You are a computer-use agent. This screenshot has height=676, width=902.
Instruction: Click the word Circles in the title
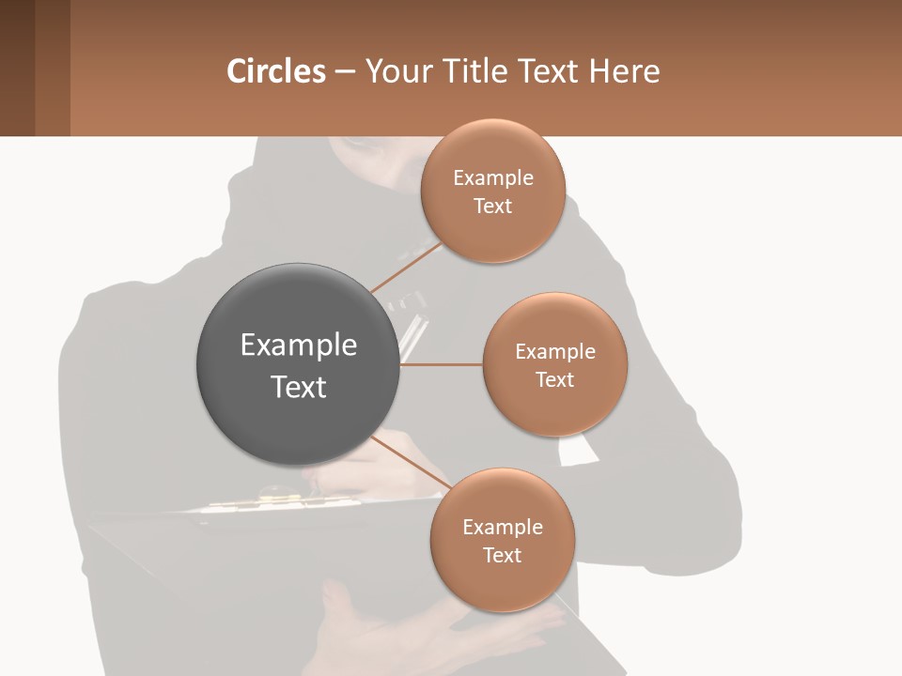(x=276, y=71)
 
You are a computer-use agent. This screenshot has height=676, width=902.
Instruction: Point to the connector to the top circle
(x=406, y=269)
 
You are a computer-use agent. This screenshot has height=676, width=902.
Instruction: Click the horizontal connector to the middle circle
(x=442, y=364)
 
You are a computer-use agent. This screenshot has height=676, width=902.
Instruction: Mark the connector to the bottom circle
(x=412, y=462)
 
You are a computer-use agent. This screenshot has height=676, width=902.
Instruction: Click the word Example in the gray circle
(x=299, y=346)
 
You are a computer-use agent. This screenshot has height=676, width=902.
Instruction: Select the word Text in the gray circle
(x=299, y=387)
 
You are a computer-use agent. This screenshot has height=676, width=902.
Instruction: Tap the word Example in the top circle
(x=492, y=178)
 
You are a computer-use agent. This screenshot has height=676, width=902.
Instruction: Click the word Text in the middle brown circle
(x=555, y=380)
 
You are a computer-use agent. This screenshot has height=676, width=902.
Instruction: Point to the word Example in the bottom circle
(x=502, y=528)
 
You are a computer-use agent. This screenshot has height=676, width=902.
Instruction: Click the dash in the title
(x=345, y=71)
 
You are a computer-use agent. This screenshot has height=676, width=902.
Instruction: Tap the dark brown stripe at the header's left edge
(x=17, y=68)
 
